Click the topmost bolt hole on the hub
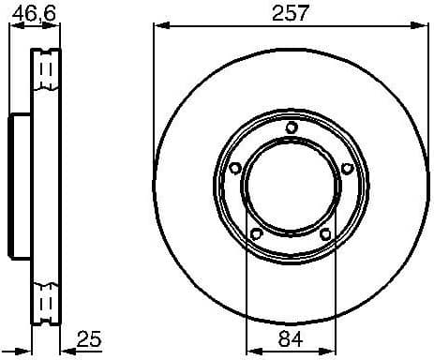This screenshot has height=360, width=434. pos(291,128)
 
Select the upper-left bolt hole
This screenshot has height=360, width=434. pos(234,168)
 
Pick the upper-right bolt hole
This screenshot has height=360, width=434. pos(347,168)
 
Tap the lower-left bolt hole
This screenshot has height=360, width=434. pos(255,233)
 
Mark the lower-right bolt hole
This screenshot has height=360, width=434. pos(325,233)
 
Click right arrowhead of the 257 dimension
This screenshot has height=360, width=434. pos(424,24)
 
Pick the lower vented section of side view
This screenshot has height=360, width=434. pos(42,300)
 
